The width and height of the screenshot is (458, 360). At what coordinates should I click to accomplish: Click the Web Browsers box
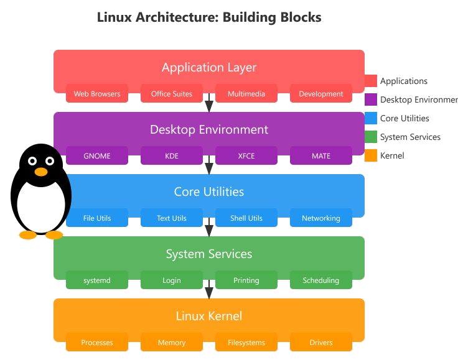pyautogui.click(x=97, y=94)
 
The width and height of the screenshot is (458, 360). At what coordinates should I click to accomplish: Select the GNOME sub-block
pyautogui.click(x=97, y=156)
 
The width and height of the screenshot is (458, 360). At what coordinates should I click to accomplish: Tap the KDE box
pyautogui.click(x=172, y=156)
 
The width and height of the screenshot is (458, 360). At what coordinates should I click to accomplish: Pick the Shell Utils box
pyautogui.click(x=246, y=218)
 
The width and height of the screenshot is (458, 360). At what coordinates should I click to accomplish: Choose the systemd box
pyautogui.click(x=97, y=280)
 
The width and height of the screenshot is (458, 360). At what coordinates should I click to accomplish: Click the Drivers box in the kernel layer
pyautogui.click(x=321, y=343)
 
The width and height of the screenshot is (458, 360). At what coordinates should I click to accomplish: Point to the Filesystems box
pyautogui.click(x=246, y=343)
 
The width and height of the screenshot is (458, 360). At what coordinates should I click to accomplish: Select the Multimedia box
pyautogui.click(x=246, y=94)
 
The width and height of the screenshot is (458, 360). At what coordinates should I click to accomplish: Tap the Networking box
pyautogui.click(x=321, y=218)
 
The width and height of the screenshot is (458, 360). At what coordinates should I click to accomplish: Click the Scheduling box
pyautogui.click(x=321, y=280)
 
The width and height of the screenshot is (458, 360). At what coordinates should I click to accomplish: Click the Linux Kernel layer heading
pyautogui.click(x=209, y=316)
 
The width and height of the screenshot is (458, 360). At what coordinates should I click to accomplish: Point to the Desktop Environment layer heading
pyautogui.click(x=209, y=129)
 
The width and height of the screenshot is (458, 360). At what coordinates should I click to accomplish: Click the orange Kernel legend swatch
pyautogui.click(x=371, y=155)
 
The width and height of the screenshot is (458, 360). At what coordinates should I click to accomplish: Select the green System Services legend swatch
pyautogui.click(x=371, y=137)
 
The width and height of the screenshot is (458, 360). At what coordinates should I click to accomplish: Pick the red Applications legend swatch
pyautogui.click(x=371, y=81)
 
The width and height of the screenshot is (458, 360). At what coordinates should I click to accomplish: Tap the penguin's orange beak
pyautogui.click(x=41, y=172)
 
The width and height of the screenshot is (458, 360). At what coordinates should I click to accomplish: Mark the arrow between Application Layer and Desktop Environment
pyautogui.click(x=209, y=106)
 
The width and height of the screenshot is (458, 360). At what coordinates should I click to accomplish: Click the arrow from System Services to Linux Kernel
pyautogui.click(x=209, y=292)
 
